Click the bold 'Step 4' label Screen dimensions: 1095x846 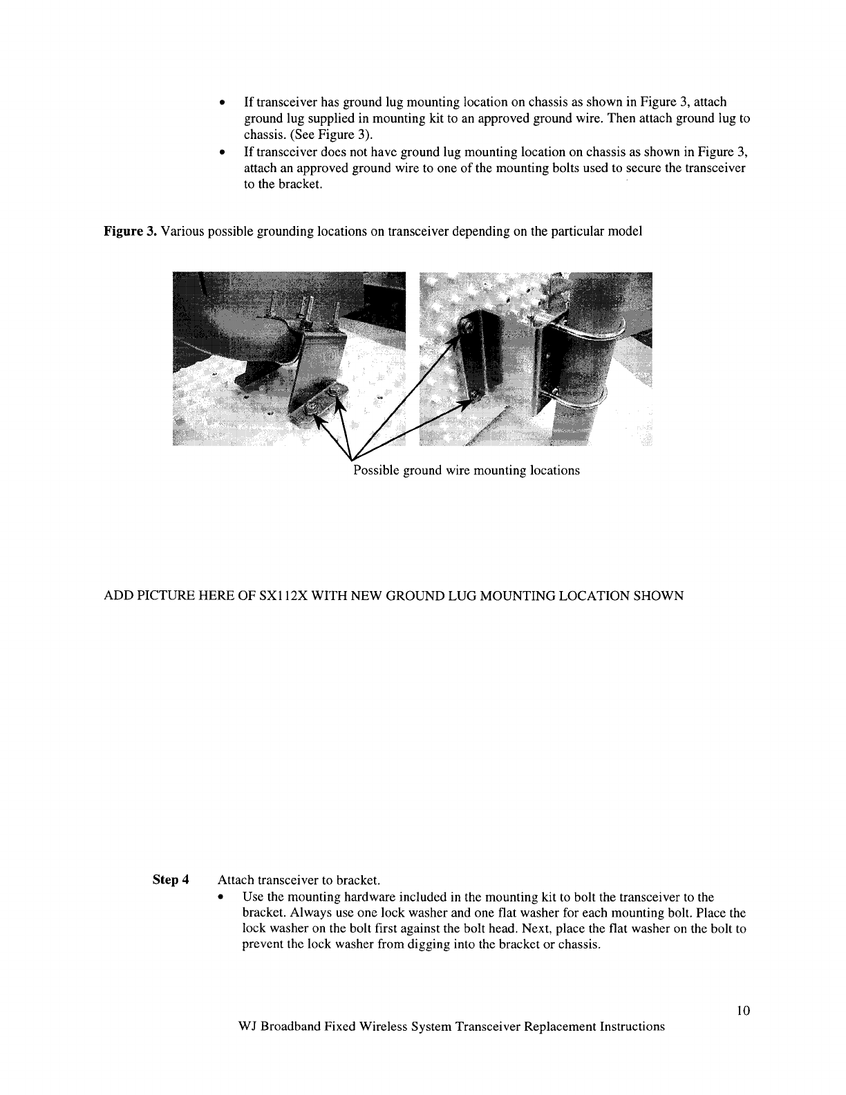click(171, 880)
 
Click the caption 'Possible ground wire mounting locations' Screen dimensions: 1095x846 click(467, 471)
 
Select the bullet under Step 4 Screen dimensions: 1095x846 click(221, 897)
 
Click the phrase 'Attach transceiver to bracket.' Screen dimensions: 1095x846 click(299, 880)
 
